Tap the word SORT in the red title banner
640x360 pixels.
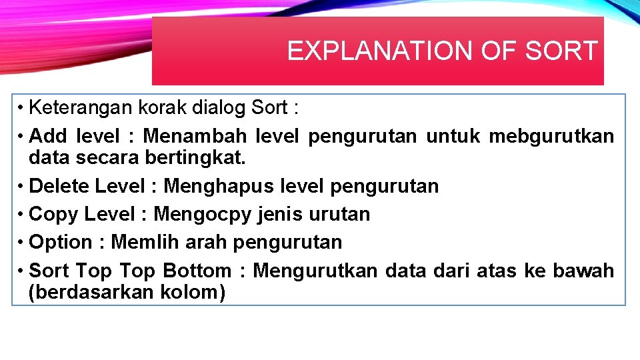[x=561, y=51]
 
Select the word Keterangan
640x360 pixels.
[x=82, y=107]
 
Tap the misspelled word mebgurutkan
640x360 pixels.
[x=551, y=137]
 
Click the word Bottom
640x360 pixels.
[x=197, y=271]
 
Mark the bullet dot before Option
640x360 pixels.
[x=22, y=242]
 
